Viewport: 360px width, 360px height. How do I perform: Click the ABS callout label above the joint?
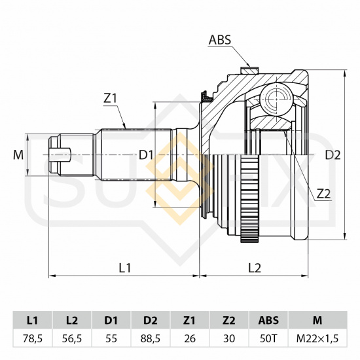coord(220,40)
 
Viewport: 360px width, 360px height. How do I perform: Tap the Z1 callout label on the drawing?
coord(111,99)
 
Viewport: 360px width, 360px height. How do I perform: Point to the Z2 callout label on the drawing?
coord(323,194)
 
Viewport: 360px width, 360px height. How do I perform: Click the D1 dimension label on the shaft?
coord(146,155)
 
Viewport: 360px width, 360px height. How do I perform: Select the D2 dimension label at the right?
coord(333,155)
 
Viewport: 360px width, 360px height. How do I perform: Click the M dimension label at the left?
coord(18,155)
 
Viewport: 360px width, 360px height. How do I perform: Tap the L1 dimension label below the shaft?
coord(125,268)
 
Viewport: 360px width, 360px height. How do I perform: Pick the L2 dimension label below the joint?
coord(255,268)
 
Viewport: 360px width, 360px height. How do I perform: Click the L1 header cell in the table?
coord(32,320)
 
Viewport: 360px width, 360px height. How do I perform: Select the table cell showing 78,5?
coord(32,338)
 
